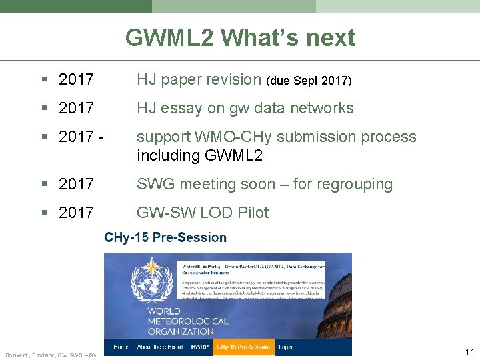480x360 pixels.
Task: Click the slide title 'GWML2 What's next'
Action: coord(240,38)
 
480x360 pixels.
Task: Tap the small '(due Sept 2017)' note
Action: coord(309,81)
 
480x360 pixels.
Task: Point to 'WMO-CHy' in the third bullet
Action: coord(226,137)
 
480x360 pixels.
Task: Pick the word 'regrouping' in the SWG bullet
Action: coord(354,184)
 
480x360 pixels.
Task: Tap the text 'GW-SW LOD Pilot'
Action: coord(203,213)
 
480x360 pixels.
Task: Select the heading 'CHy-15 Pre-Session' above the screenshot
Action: coord(165,237)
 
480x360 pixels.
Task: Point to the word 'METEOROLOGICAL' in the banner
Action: coord(188,321)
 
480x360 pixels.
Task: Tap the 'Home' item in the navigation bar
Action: coord(121,347)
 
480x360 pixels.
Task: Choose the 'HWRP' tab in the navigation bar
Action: coord(200,347)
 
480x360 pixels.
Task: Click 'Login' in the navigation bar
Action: coord(285,347)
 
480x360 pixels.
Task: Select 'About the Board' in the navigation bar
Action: coord(161,347)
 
